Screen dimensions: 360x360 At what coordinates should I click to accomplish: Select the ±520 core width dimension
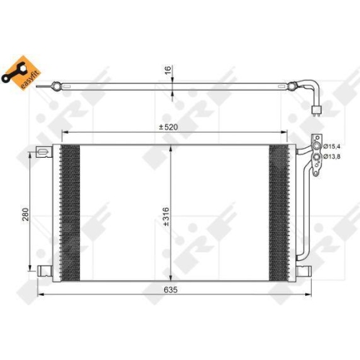click(171, 127)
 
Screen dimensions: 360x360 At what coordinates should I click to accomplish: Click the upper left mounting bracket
click(44, 152)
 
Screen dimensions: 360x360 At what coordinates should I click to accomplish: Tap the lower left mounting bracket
click(44, 271)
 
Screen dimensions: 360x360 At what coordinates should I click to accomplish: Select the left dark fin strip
click(70, 212)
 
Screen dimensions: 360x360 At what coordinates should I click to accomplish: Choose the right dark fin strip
click(278, 212)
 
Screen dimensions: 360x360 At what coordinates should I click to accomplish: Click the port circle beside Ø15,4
click(315, 147)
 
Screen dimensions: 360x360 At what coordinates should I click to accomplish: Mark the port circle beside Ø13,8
click(315, 156)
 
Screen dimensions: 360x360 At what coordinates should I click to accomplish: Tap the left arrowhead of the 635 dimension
click(37, 294)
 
